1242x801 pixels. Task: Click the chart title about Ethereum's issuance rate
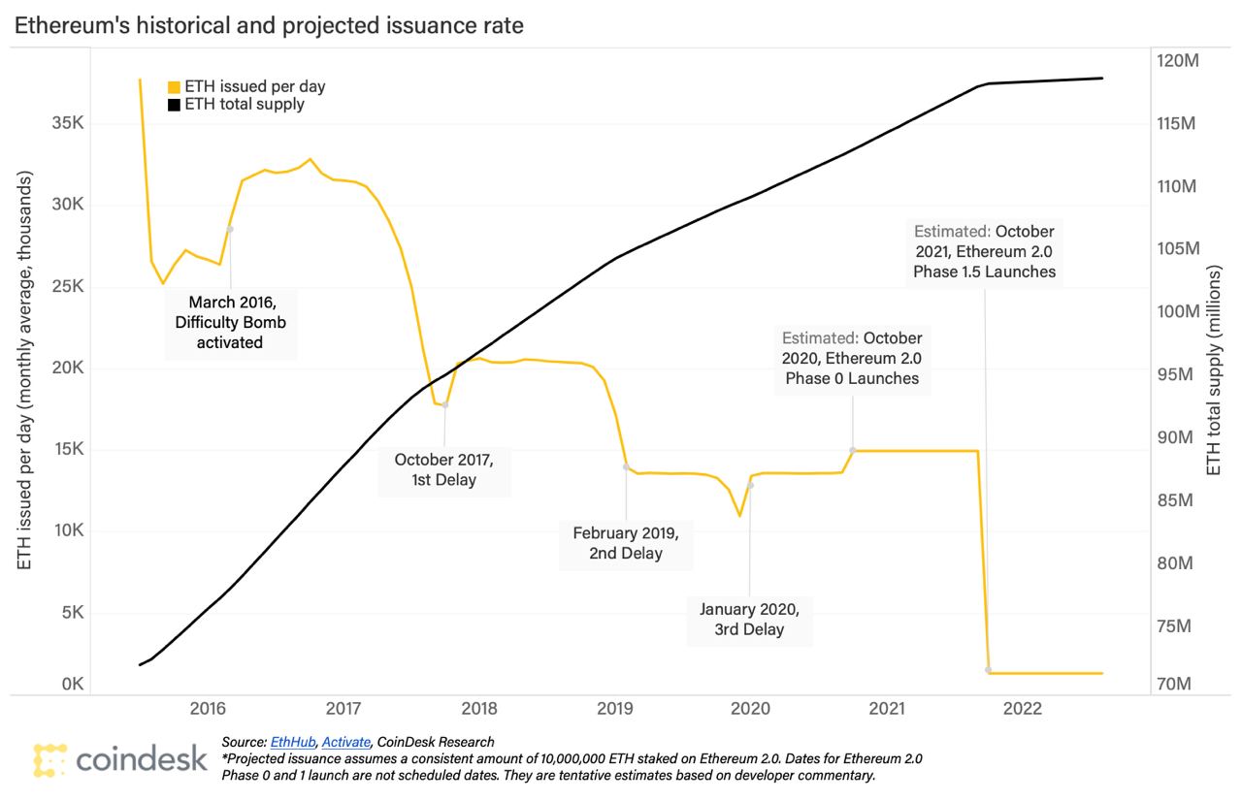tap(268, 26)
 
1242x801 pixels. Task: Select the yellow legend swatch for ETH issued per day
tap(175, 86)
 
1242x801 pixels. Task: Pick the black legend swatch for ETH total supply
tap(175, 104)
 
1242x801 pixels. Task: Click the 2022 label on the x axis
tap(1023, 709)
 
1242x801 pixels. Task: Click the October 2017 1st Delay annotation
tap(443, 468)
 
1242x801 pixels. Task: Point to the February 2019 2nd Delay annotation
tap(625, 543)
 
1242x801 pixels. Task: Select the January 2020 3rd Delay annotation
tap(749, 619)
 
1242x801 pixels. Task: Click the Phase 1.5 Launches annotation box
tap(984, 252)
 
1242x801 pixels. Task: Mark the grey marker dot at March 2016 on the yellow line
tap(230, 229)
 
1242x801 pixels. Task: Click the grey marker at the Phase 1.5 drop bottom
tap(989, 670)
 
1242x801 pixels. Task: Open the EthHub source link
tap(291, 742)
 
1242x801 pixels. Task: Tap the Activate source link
tap(346, 742)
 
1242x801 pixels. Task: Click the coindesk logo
tap(119, 758)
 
